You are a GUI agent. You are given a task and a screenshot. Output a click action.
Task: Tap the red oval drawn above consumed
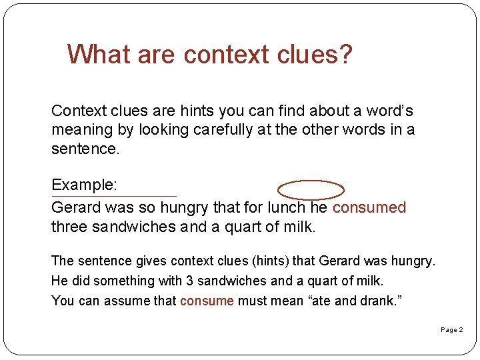[311, 190]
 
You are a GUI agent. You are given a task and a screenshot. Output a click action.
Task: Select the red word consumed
[369, 208]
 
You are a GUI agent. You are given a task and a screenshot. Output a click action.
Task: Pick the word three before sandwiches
[69, 227]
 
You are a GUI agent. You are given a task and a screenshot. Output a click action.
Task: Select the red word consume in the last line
[207, 301]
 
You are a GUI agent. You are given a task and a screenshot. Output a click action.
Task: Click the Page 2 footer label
[451, 330]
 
